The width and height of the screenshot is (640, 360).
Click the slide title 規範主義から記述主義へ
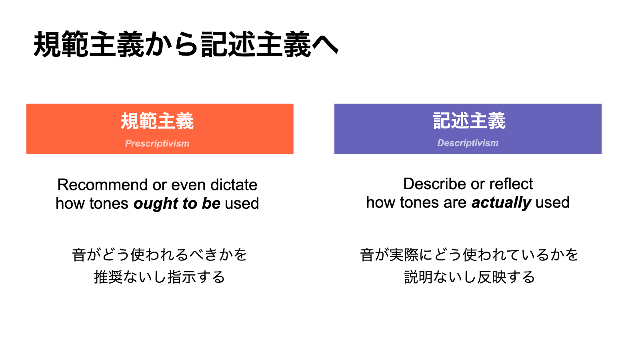(x=186, y=44)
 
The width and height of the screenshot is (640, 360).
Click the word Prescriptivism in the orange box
(x=157, y=143)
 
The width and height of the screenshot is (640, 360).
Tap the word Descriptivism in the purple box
(x=468, y=142)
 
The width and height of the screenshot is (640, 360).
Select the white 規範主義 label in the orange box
(x=157, y=121)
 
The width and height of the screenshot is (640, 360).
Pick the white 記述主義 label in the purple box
(x=469, y=120)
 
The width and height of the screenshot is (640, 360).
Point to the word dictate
(x=234, y=184)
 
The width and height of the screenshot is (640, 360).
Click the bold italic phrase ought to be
(x=177, y=204)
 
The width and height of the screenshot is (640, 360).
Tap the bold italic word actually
(x=501, y=202)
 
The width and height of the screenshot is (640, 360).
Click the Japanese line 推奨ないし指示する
(x=160, y=277)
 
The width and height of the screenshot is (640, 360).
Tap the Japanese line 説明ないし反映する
(x=470, y=277)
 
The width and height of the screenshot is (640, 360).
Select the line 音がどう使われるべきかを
(x=160, y=254)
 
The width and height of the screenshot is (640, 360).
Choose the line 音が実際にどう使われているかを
(x=469, y=254)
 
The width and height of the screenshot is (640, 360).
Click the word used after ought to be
(x=242, y=204)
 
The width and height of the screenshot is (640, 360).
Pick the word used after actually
(x=552, y=202)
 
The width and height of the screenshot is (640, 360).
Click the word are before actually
(x=455, y=203)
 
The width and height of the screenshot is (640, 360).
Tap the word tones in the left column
(x=109, y=204)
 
